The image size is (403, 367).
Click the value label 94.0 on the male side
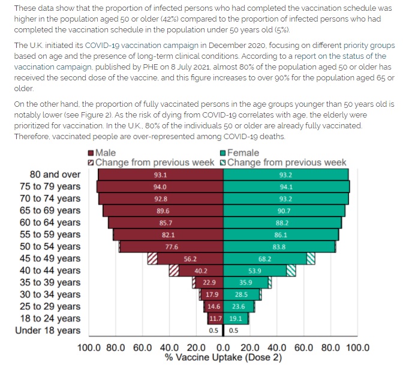pyautogui.click(x=160, y=186)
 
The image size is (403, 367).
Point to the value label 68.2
pyautogui.click(x=264, y=258)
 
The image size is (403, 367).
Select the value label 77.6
pyautogui.click(x=171, y=246)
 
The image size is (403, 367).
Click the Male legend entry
pyautogui.click(x=106, y=153)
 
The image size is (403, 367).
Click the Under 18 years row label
pyautogui.click(x=47, y=330)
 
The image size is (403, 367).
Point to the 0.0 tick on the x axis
pyautogui.click(x=223, y=347)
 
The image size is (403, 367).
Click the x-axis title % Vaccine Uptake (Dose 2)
pyautogui.click(x=223, y=357)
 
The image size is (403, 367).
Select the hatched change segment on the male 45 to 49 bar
pyautogui.click(x=153, y=258)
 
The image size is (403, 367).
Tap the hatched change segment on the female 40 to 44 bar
pyautogui.click(x=291, y=270)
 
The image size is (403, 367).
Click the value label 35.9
pyautogui.click(x=246, y=282)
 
